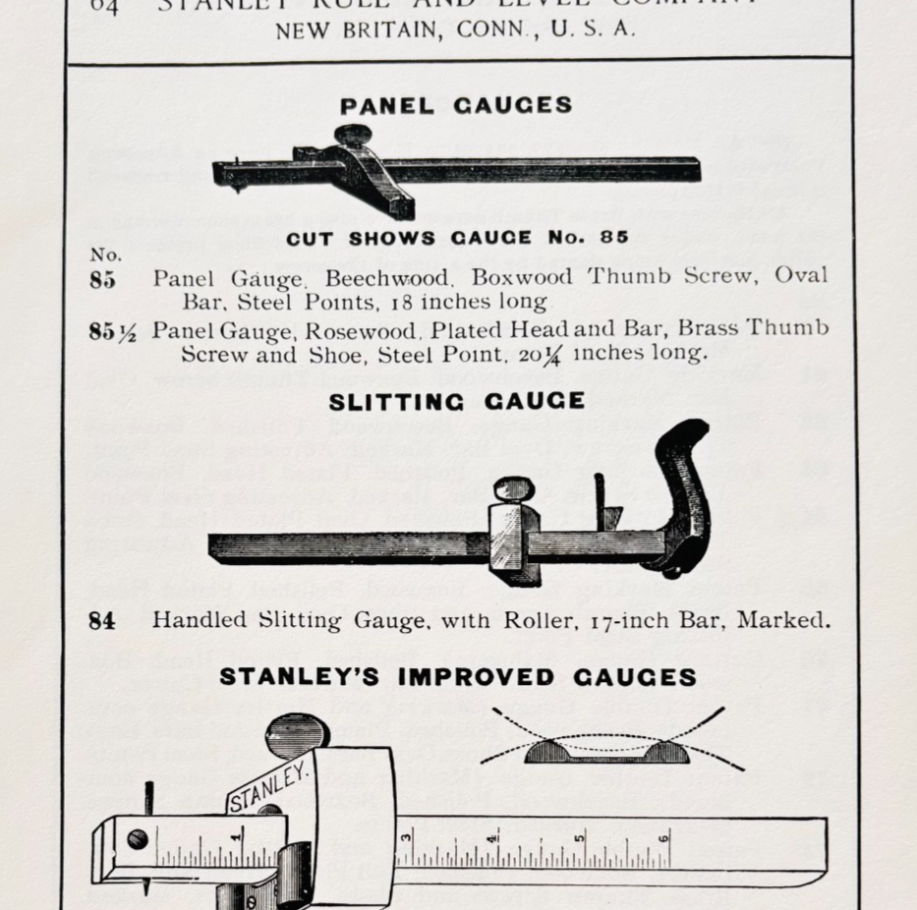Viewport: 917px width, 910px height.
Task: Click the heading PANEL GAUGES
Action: (x=456, y=105)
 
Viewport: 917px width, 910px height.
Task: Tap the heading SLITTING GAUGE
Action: (x=456, y=401)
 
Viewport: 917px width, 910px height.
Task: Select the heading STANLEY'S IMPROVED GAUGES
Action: (x=457, y=677)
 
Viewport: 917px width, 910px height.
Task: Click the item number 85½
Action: (x=113, y=331)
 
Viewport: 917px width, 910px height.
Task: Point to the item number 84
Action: (x=102, y=621)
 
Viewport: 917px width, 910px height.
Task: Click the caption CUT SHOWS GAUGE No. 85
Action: (x=457, y=238)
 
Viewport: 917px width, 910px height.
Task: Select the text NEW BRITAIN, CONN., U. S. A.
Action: (x=455, y=29)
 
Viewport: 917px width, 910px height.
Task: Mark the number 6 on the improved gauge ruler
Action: (x=664, y=838)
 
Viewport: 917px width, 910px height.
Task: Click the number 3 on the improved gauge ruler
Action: (x=405, y=838)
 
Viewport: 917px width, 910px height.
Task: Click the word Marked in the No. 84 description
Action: (x=783, y=621)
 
